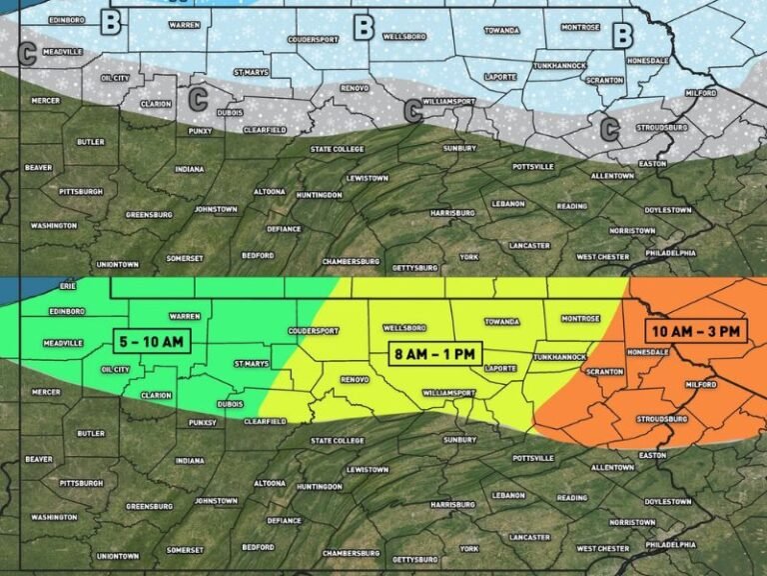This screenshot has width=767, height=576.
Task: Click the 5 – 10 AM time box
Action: coord(150,341)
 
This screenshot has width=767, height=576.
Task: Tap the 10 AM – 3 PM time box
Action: coord(695,331)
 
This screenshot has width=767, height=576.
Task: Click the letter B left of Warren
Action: coord(112,19)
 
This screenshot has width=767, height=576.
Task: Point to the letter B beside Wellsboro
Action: coord(364,28)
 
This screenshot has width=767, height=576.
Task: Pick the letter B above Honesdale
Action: coord(623,35)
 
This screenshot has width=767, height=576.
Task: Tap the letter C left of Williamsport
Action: coord(411,111)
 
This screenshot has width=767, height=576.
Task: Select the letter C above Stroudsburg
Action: coord(608,128)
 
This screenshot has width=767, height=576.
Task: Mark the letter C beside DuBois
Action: coord(198,98)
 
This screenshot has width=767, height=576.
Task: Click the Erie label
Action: coord(68,285)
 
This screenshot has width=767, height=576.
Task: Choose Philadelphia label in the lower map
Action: coord(670,544)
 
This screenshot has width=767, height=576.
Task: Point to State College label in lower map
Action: coord(337,440)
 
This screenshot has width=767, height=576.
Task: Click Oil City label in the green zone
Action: coord(115,369)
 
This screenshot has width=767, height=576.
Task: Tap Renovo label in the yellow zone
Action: coord(355,380)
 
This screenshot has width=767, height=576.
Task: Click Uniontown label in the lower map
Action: coord(118,555)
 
